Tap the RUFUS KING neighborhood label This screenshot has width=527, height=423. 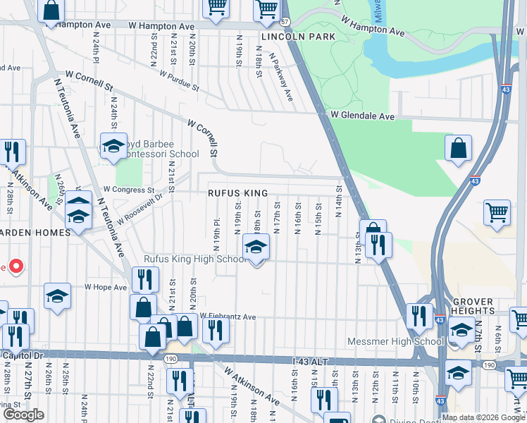click(x=237, y=193)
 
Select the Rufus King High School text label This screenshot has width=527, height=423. click(x=194, y=259)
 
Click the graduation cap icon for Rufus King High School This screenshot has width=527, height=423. click(x=256, y=247)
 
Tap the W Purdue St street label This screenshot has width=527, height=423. click(x=178, y=79)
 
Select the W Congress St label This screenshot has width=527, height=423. click(x=128, y=190)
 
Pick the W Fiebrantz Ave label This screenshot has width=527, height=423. click(x=228, y=317)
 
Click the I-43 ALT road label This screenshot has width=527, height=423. click(x=311, y=361)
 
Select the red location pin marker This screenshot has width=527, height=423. click(x=15, y=266)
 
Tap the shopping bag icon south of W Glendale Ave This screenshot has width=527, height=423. click(x=458, y=149)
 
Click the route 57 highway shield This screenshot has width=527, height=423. click(x=285, y=22)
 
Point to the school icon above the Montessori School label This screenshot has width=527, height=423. click(x=113, y=147)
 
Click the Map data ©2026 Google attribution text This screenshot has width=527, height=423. click(x=483, y=417)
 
